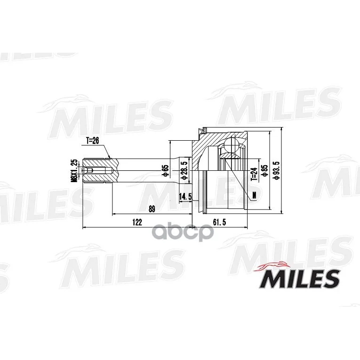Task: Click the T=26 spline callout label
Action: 92,141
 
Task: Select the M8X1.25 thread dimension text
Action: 74,170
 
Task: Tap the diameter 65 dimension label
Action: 165,171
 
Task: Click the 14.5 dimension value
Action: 185,196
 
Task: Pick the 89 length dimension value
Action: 152,209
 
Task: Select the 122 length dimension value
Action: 137,222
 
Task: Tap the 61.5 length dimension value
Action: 219,222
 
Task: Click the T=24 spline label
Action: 254,175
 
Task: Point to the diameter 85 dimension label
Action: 265,171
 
